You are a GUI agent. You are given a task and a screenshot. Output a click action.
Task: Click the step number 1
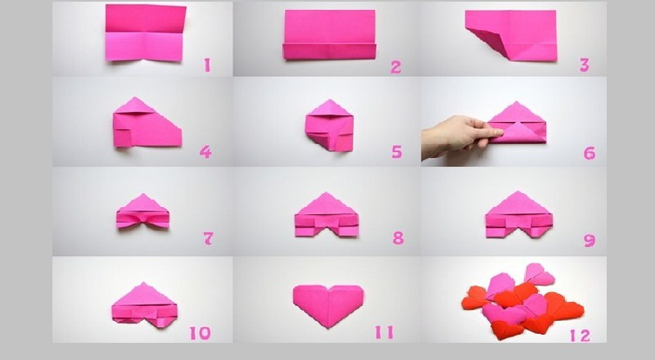pos(207,65)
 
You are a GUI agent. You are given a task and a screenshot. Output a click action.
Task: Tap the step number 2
pos(395,67)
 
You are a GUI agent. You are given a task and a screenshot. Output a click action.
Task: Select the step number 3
pos(584,65)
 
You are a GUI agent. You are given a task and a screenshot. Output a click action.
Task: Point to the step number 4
pos(206,151)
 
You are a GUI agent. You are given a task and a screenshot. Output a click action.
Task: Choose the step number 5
pos(397,151)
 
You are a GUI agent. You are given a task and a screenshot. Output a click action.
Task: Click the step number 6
pos(589,153)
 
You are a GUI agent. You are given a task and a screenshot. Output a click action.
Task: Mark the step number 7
pos(208,238)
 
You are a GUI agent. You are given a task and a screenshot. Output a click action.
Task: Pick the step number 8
pos(398,238)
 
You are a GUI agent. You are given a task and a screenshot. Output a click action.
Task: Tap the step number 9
pos(589,241)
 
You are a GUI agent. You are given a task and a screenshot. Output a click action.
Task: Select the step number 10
pos(200,333)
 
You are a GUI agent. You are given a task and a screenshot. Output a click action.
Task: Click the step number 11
pos(384,332)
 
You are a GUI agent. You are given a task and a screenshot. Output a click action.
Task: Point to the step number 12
pos(580,335)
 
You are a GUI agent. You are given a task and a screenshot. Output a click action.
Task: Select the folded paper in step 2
pos(330,34)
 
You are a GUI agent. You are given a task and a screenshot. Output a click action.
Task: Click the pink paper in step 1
pos(145,33)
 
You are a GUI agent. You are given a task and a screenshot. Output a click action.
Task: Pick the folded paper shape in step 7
pos(142,211)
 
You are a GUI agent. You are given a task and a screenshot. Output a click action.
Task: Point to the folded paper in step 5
pos(330,126)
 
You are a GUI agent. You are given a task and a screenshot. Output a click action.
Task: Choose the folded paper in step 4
pos(147,123)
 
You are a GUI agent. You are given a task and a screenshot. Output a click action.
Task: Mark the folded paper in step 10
pos(145,304)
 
